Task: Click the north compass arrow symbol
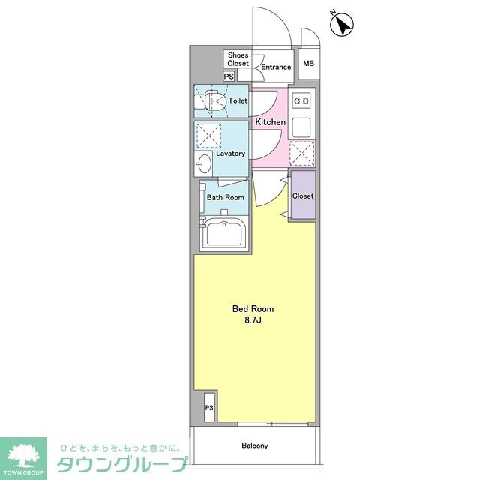pos(343,25)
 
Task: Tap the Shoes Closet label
pos(238,59)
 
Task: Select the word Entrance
pos(275,67)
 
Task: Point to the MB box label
pos(308,64)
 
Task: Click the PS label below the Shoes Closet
pos(229,76)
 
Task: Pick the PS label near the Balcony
pos(208,407)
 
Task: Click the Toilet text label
pos(238,100)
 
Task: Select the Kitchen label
pos(270,121)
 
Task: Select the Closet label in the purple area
pos(303,196)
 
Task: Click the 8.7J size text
pos(253,320)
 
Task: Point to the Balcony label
pos(255,445)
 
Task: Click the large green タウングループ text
pos(118,463)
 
